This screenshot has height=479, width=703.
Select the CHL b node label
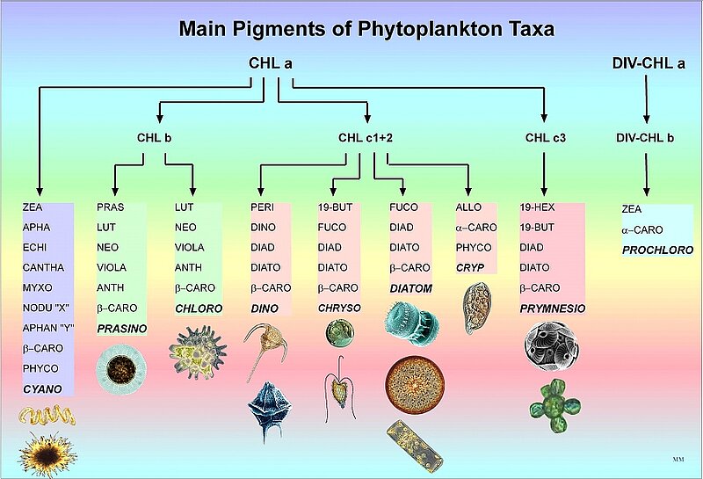[155, 137]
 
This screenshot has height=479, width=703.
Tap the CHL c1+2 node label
[366, 137]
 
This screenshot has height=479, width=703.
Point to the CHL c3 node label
[547, 137]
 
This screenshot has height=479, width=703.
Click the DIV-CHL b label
[648, 137]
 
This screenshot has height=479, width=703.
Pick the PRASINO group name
[121, 329]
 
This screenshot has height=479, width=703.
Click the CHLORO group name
[199, 308]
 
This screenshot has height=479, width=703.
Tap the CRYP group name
[471, 267]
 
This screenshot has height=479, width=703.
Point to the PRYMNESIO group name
[552, 308]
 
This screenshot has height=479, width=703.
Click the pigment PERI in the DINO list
[263, 208]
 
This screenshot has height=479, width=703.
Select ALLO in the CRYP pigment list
[468, 208]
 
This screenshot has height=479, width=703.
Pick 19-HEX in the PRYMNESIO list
[537, 208]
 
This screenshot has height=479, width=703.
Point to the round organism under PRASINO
[120, 367]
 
